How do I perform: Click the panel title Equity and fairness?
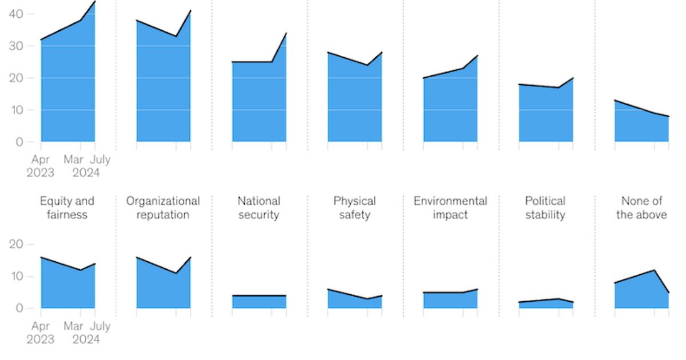[x=67, y=208]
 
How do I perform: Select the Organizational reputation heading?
[x=163, y=208]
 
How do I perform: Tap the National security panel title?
[x=259, y=208]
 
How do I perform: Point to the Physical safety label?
[x=354, y=208]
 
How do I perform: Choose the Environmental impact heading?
[x=450, y=208]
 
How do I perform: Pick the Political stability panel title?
[x=545, y=208]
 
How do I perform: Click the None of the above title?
[x=641, y=208]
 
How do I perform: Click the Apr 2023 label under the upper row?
[x=41, y=166]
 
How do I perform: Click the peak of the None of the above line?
[x=654, y=270]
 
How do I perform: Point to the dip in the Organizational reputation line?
[x=176, y=273]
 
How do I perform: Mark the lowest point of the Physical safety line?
[x=367, y=299]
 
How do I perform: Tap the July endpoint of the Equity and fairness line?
[x=95, y=264]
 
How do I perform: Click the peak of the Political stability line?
[x=559, y=299]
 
